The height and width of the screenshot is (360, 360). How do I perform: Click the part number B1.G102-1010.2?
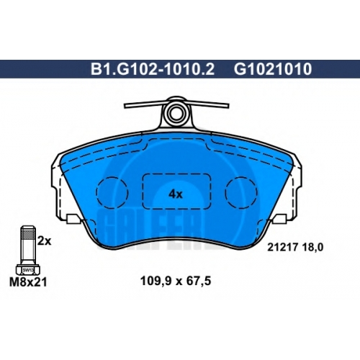(153, 69)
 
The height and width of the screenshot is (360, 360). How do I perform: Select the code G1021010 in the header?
(273, 69)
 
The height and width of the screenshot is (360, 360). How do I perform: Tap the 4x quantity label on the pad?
(176, 194)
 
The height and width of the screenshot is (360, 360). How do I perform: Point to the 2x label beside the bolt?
(45, 241)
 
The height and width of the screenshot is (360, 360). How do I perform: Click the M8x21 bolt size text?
(28, 282)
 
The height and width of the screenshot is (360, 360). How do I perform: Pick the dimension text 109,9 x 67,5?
(176, 281)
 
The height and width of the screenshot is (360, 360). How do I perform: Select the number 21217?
(283, 247)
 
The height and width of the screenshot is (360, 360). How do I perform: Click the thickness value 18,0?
(312, 247)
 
